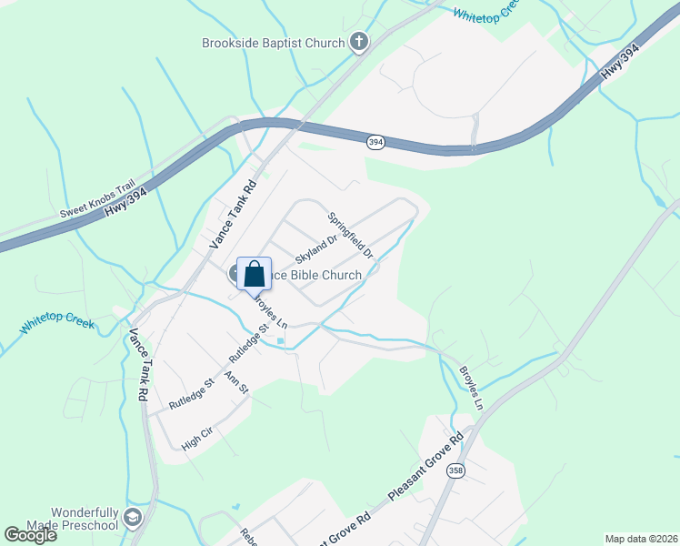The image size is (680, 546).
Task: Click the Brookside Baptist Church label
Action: click(273, 43)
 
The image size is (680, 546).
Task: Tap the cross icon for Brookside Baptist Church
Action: click(359, 42)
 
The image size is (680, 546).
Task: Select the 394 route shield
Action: click(375, 143)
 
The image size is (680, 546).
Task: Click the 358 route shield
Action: click(455, 470)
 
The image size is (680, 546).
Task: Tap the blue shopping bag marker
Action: click(255, 273)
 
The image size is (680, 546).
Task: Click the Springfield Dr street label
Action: click(351, 234)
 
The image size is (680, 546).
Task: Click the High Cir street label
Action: click(196, 440)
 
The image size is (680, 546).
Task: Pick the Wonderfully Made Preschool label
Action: click(72, 519)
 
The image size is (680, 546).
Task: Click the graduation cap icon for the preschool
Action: click(133, 519)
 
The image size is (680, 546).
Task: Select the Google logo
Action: click(30, 534)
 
